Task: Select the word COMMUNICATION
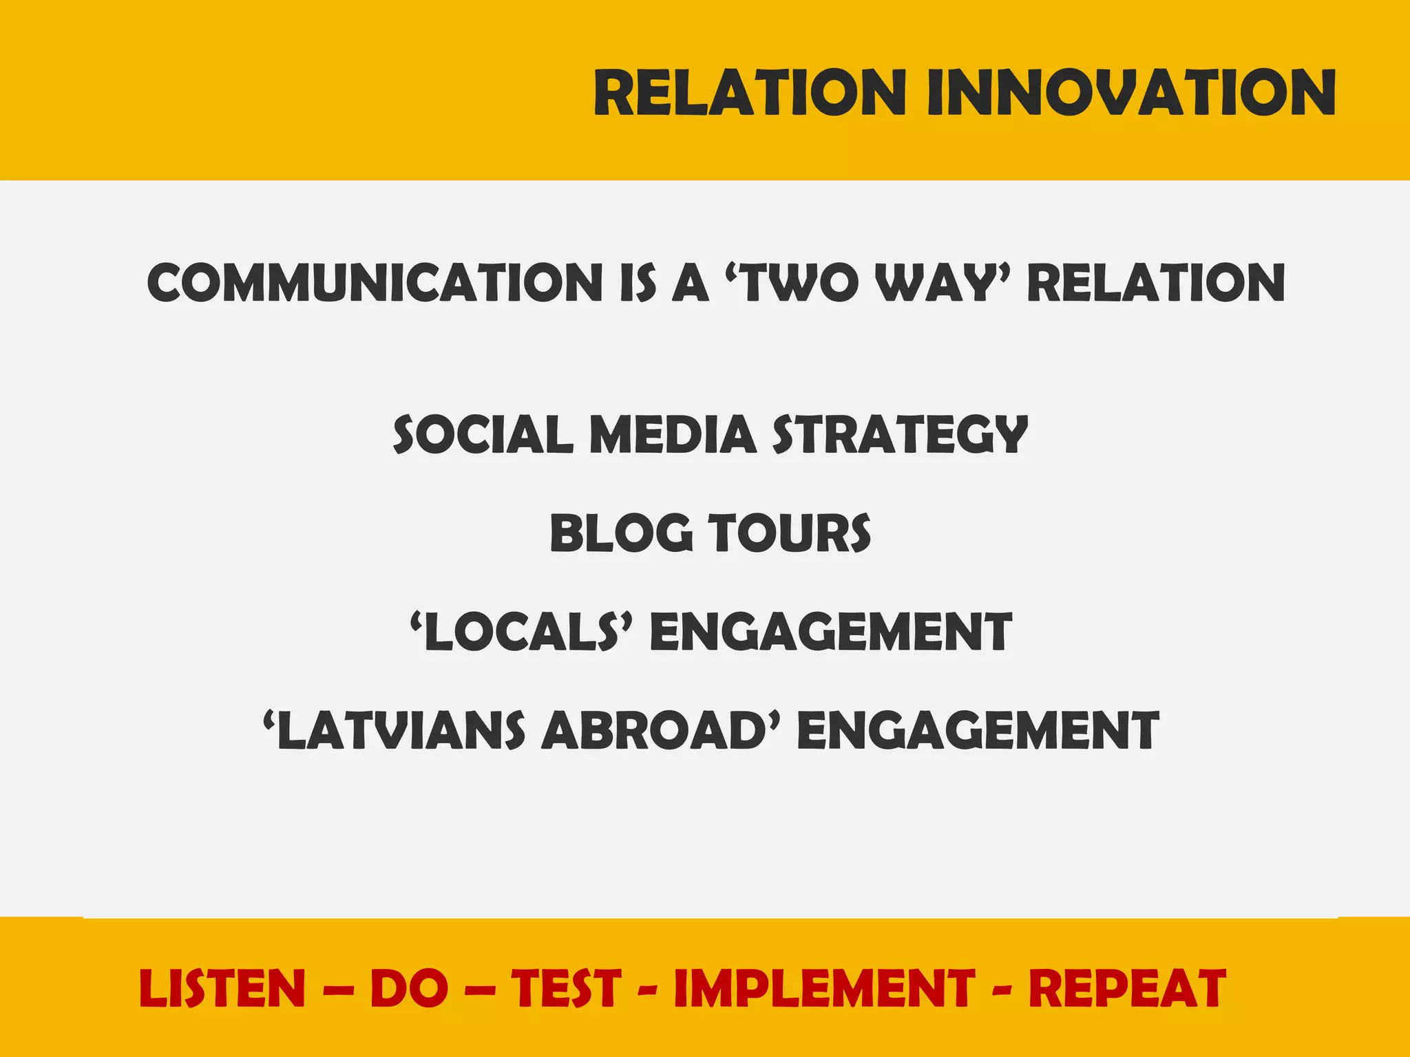pyautogui.click(x=375, y=282)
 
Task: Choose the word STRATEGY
pyautogui.click(x=900, y=435)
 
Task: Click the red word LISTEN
pyautogui.click(x=222, y=988)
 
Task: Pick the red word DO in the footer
pyautogui.click(x=409, y=988)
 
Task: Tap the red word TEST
pyautogui.click(x=566, y=988)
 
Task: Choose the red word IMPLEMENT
pyautogui.click(x=824, y=988)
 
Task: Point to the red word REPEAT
pyautogui.click(x=1127, y=988)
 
